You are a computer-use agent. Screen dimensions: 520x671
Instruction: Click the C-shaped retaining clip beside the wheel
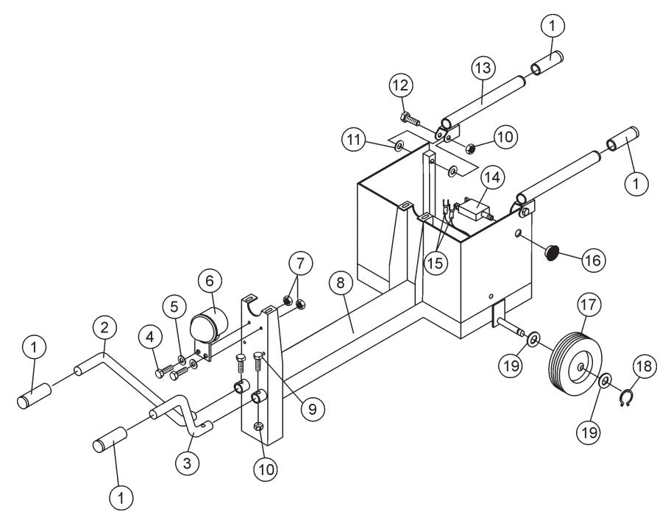click(625, 400)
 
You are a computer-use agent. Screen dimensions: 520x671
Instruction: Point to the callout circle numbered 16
click(594, 259)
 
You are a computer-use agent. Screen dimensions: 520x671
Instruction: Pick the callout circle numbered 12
click(400, 87)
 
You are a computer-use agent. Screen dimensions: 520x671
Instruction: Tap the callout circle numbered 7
click(300, 262)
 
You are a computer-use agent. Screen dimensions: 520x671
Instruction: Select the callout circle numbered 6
click(209, 281)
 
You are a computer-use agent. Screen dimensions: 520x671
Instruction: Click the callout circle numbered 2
click(104, 326)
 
